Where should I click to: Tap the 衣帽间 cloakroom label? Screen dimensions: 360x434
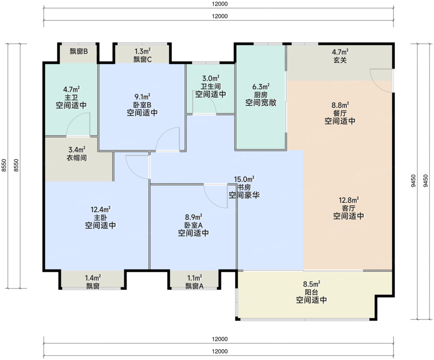tap(77, 158)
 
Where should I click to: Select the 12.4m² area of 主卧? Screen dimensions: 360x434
tap(100, 209)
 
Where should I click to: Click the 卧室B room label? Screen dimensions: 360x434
tap(142, 104)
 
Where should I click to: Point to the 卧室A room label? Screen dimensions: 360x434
tap(193, 225)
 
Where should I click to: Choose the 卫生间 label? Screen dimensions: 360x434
tap(210, 86)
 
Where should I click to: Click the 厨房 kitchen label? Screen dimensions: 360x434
tap(260, 94)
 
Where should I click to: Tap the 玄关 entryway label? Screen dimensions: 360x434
tap(340, 60)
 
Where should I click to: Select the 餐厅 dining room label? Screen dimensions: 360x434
tap(340, 112)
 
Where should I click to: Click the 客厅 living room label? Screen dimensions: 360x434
tap(349, 208)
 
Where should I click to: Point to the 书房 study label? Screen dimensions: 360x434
tap(244, 187)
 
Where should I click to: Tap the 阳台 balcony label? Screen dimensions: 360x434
tap(311, 292)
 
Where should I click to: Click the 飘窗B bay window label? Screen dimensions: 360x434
tap(78, 51)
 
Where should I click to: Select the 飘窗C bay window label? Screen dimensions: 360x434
tap(143, 59)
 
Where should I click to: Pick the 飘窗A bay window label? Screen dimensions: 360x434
tap(195, 286)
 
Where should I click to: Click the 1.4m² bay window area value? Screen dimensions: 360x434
tap(93, 278)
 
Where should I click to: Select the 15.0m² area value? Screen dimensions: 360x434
tap(244, 179)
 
